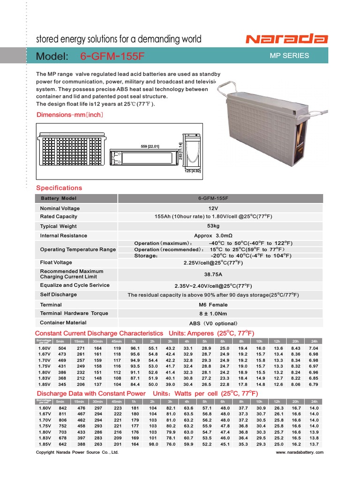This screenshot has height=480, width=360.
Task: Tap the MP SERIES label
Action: pos(289,56)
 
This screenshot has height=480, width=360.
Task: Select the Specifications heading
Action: pos(59,188)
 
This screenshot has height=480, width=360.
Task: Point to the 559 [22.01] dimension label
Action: pos(150,147)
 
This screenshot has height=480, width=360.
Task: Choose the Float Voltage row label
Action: pos(56,262)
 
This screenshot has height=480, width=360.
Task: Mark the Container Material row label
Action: pos(63,322)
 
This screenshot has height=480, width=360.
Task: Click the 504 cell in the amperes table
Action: pos(61,349)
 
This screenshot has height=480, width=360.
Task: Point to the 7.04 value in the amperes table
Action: pos(314,349)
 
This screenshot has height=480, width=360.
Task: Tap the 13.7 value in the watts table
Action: pos(314,444)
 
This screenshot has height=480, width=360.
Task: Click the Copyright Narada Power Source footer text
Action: pos(77,453)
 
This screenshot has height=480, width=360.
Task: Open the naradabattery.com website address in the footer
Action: pos(300,453)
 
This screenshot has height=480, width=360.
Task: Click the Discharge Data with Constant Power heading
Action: pos(91,393)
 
